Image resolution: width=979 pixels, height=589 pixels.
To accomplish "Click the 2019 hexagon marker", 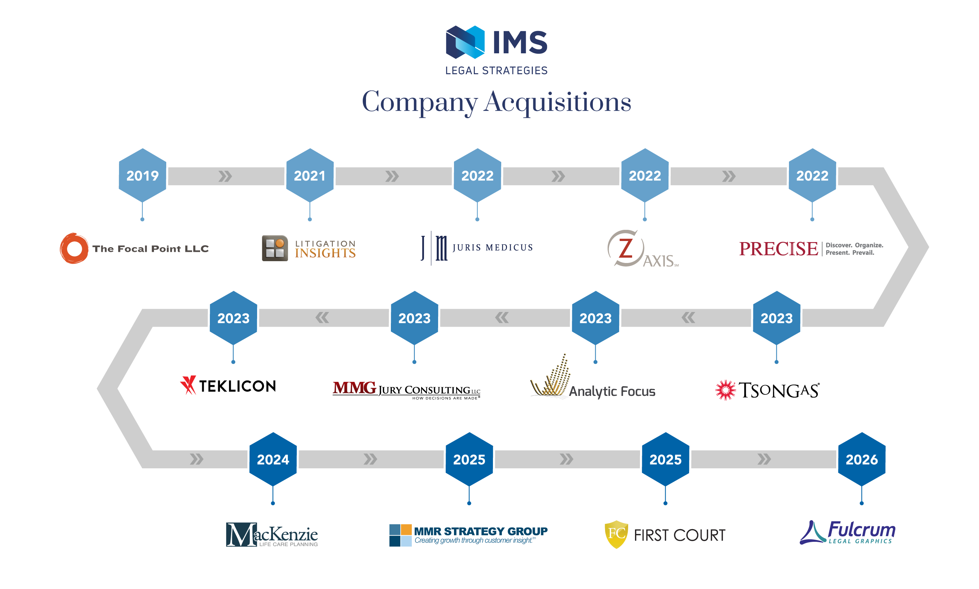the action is pyautogui.click(x=142, y=175).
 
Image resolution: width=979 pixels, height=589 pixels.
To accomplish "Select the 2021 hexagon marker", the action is pyautogui.click(x=309, y=175).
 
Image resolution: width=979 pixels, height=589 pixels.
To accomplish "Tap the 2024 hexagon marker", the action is pyautogui.click(x=273, y=459).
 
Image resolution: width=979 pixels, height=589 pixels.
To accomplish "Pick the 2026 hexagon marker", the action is pyautogui.click(x=861, y=459).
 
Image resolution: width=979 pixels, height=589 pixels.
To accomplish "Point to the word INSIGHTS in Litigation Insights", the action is pyautogui.click(x=325, y=253).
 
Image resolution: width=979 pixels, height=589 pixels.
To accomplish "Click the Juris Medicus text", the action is pyautogui.click(x=492, y=247).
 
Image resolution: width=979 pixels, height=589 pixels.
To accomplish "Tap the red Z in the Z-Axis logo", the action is pyautogui.click(x=626, y=248).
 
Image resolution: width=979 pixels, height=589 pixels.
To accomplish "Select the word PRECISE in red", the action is pyautogui.click(x=778, y=249).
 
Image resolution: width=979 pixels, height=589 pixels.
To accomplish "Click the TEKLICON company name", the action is pyautogui.click(x=237, y=386).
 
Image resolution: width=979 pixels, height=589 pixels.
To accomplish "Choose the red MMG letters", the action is pyautogui.click(x=354, y=387).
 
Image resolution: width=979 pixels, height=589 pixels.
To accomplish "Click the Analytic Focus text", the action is pyautogui.click(x=612, y=391).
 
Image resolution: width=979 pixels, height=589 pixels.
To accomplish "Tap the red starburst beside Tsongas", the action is pyautogui.click(x=725, y=390).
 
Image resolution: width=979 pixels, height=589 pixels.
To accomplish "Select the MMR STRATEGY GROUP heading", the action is pyautogui.click(x=480, y=531).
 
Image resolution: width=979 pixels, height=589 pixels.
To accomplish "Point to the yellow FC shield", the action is pyautogui.click(x=616, y=534).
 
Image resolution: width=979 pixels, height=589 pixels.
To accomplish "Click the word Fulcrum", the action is pyautogui.click(x=861, y=530).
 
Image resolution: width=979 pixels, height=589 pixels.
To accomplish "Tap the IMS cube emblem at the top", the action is pyautogui.click(x=465, y=42).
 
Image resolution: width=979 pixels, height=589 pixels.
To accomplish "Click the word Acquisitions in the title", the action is pyautogui.click(x=557, y=102).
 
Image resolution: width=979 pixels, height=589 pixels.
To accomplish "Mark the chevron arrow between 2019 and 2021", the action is pyautogui.click(x=225, y=176).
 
